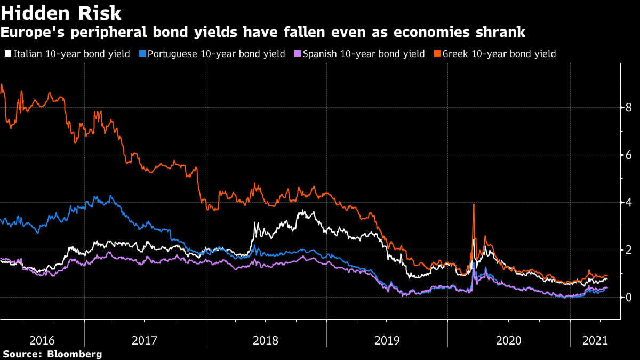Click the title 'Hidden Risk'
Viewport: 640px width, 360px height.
pos(61,13)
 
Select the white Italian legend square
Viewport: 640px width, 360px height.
pos(8,54)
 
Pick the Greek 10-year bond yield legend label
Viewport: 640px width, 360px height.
pos(499,54)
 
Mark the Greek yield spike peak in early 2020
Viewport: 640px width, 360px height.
pos(474,205)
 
